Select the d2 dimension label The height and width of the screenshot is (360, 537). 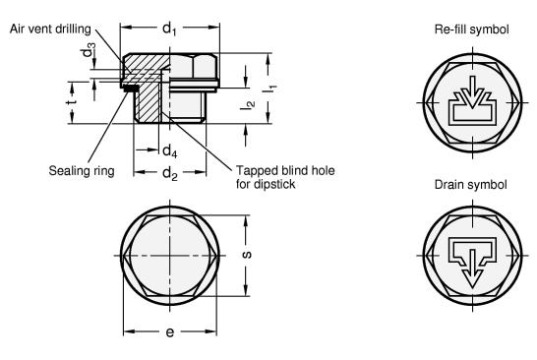[169, 174]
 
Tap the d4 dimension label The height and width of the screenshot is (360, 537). [169, 150]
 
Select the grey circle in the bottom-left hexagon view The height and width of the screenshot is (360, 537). [169, 254]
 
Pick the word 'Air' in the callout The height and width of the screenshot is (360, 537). [18, 28]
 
